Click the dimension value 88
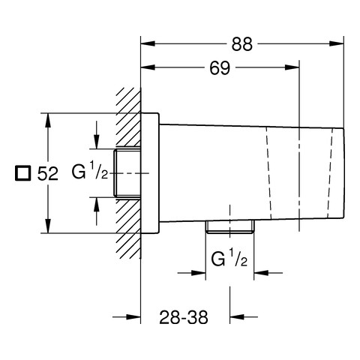[241, 44]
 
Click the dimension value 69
[220, 67]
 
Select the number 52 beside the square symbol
[48, 173]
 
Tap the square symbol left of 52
[22, 172]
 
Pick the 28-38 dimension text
[184, 317]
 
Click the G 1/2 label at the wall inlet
[90, 170]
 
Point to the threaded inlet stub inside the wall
[127, 173]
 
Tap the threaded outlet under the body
[229, 226]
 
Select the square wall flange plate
[150, 173]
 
